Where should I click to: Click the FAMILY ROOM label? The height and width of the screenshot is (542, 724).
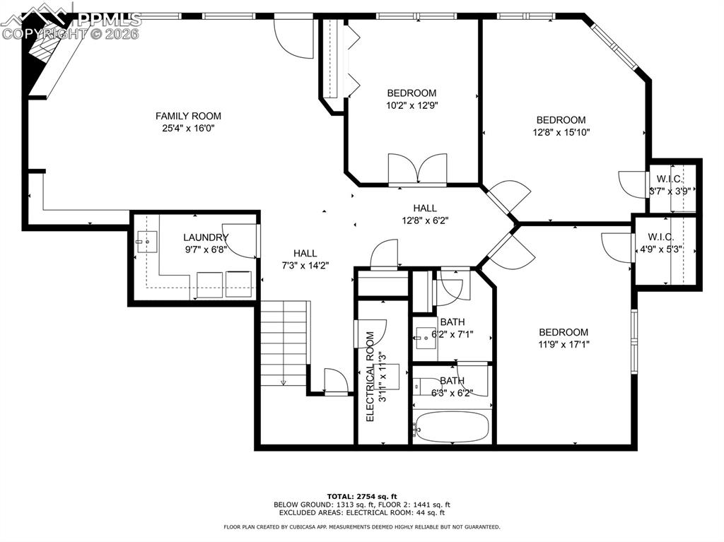coord(188,116)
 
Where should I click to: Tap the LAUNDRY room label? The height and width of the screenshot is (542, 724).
coord(206,237)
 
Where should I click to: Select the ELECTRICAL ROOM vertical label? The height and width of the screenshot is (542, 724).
coord(370,376)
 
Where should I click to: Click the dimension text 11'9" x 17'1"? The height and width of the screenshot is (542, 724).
coord(564,345)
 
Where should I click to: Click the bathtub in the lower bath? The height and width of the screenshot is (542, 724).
coord(452,426)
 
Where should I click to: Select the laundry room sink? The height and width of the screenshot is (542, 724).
coord(147,242)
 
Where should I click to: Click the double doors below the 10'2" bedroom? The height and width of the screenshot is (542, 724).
coord(417,170)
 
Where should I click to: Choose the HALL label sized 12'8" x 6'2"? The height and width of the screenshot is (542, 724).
coord(425,208)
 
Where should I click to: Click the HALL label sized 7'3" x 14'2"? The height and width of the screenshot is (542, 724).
coord(305,253)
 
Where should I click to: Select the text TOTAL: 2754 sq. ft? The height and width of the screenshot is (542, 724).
coord(361,496)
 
